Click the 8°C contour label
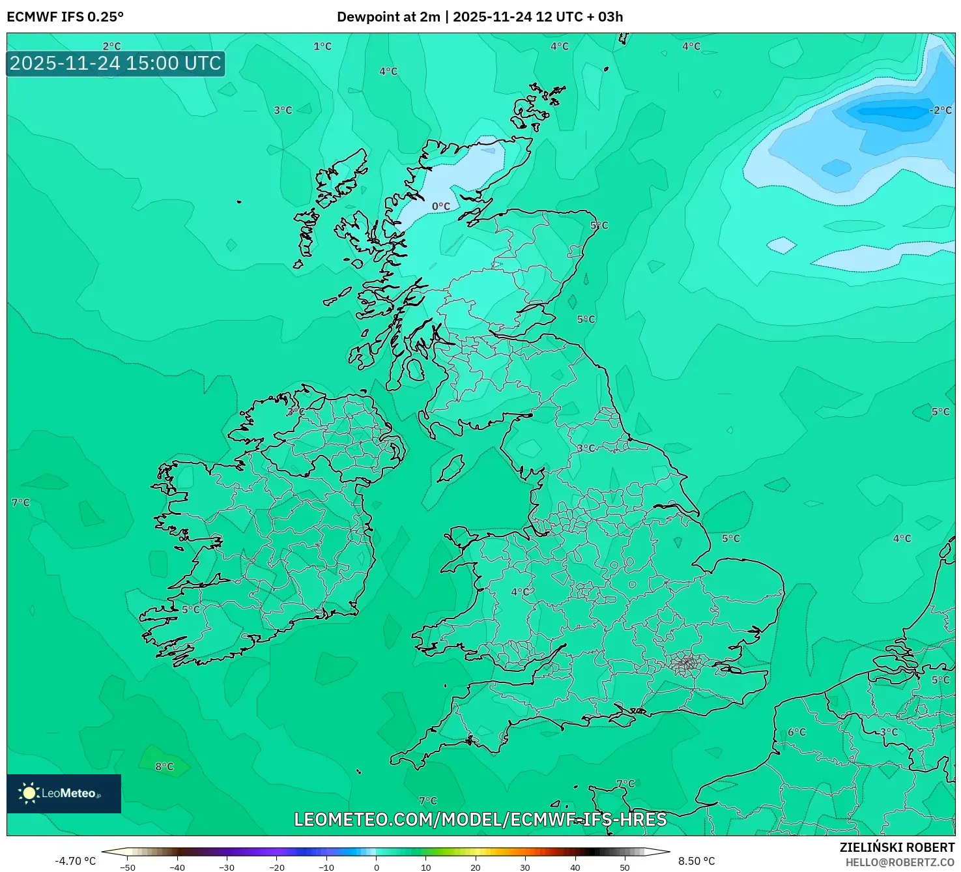coord(164,766)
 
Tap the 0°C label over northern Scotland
coord(441,207)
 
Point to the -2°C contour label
coord(940,110)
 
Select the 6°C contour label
coord(796,732)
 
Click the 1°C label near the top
coord(323,46)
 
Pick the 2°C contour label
coord(111,46)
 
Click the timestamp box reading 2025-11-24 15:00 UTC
coord(115,63)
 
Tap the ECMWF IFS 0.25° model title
coord(65,17)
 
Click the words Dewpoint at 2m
coord(388,17)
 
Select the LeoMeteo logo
coord(64,793)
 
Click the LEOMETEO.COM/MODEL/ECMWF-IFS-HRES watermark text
coord(480,819)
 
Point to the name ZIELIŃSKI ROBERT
coord(896,847)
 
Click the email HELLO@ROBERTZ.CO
coord(900,862)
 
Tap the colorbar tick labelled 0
coord(376,867)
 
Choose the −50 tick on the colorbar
coord(128,867)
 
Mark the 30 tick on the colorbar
coord(524,867)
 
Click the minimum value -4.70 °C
coord(75,861)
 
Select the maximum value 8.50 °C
coord(696,861)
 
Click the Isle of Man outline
coord(451,468)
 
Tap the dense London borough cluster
coord(686,664)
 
